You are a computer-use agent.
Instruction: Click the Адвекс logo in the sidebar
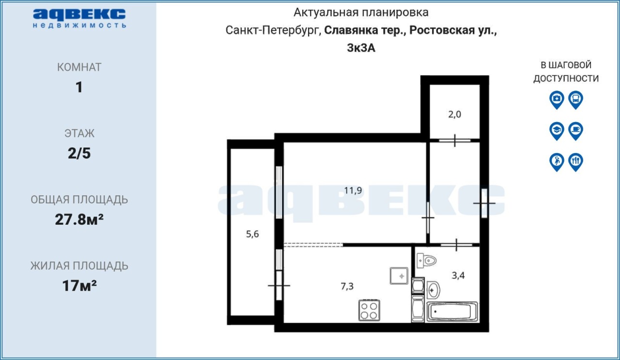tap(79, 18)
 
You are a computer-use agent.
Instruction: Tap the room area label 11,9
tap(353, 190)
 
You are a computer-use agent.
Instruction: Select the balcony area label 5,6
tap(252, 235)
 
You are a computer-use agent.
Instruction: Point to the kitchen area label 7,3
tap(347, 286)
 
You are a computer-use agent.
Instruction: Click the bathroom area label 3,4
tap(458, 276)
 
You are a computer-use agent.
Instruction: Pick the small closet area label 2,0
tap(455, 114)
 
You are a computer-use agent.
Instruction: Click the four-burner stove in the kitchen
tap(369, 311)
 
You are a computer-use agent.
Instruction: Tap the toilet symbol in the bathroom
tap(427, 261)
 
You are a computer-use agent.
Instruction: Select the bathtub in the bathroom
tap(452, 312)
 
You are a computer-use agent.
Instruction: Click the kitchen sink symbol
tap(399, 276)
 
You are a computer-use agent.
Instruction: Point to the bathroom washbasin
tap(433, 290)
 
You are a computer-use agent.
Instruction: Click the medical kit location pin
tap(557, 100)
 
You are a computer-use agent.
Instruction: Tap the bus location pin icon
tap(576, 100)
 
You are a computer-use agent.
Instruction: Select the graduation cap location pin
tap(557, 131)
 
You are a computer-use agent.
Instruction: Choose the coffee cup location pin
tap(576, 131)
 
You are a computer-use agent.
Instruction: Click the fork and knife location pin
tap(576, 162)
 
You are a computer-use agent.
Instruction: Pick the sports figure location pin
tap(557, 162)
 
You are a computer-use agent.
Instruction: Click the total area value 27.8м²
tap(79, 219)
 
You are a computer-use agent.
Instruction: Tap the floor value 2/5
tap(79, 154)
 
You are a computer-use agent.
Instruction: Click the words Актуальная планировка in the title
tap(361, 13)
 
